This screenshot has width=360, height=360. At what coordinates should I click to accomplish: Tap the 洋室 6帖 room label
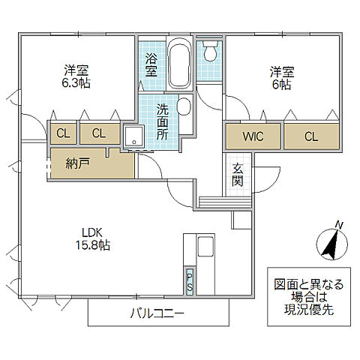pos(282,78)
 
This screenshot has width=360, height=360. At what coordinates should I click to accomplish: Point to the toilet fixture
pos(209,53)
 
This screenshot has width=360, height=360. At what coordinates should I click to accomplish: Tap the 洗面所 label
pos(163,121)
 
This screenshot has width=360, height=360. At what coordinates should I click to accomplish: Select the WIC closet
pos(252,136)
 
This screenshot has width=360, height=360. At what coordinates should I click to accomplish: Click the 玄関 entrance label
pos(237,175)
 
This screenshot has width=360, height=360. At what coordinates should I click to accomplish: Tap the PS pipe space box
pos(189,282)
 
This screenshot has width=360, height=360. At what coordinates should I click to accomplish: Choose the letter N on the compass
pos(339,224)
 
